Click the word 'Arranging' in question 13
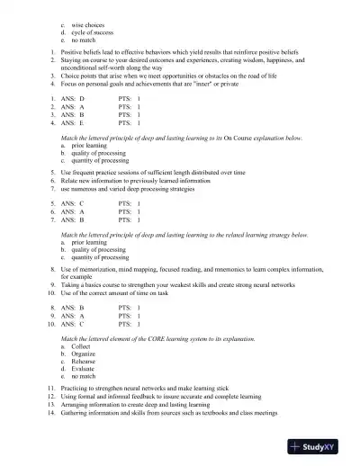[x=77, y=405]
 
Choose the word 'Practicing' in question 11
[x=78, y=387]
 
